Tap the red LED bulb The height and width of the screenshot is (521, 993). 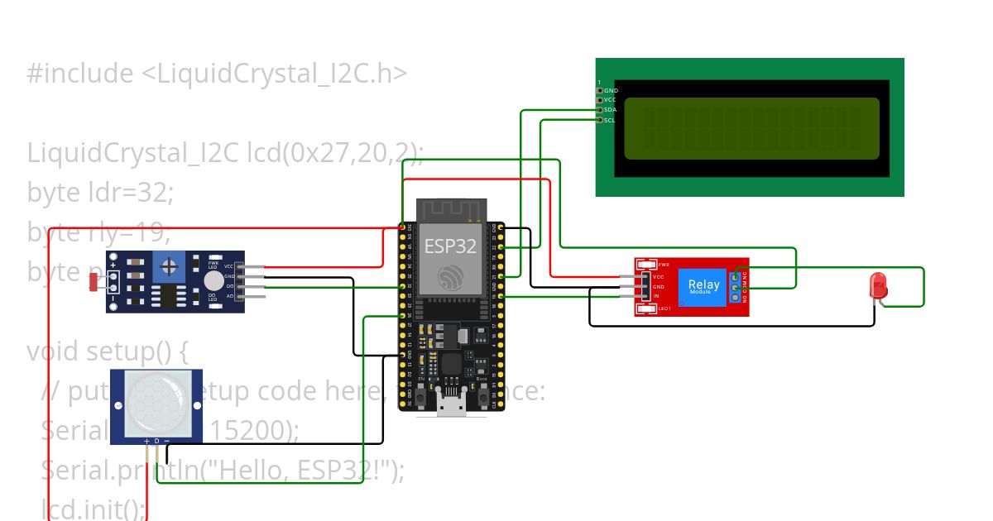pos(878,286)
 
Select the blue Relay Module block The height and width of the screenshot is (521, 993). pos(703,286)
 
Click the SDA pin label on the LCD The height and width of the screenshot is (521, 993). pos(610,110)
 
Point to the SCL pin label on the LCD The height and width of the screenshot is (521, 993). pos(609,120)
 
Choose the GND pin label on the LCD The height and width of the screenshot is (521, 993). pos(611,91)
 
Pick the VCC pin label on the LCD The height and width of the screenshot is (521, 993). pos(610,100)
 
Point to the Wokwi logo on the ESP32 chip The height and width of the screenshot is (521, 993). pos(450,275)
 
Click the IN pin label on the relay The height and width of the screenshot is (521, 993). pos(656,295)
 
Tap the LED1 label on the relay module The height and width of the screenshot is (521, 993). pos(664,309)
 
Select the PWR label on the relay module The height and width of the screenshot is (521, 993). pos(664,265)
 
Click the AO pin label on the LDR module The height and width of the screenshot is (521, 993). pos(228,295)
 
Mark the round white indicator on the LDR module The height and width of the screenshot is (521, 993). pos(214,281)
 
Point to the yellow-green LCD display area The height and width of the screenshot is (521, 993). pos(751,128)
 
